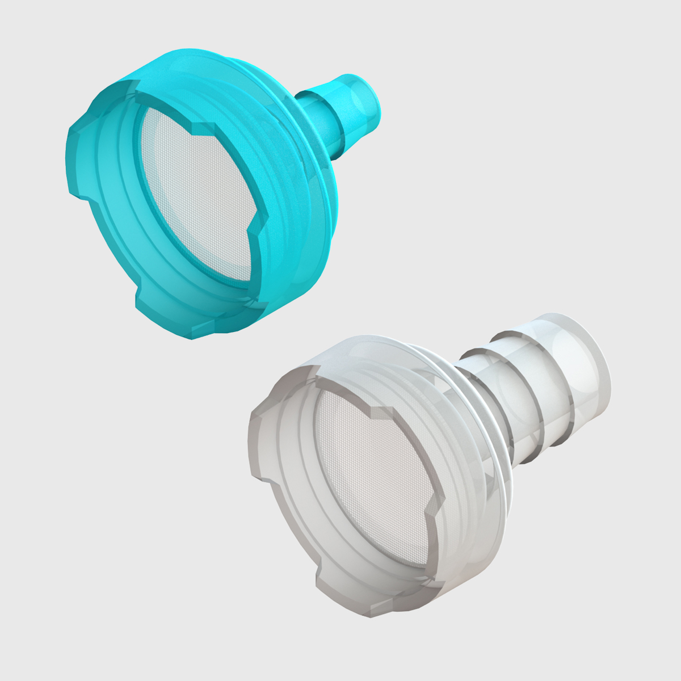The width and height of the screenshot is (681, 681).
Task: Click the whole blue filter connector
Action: click(x=210, y=193)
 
